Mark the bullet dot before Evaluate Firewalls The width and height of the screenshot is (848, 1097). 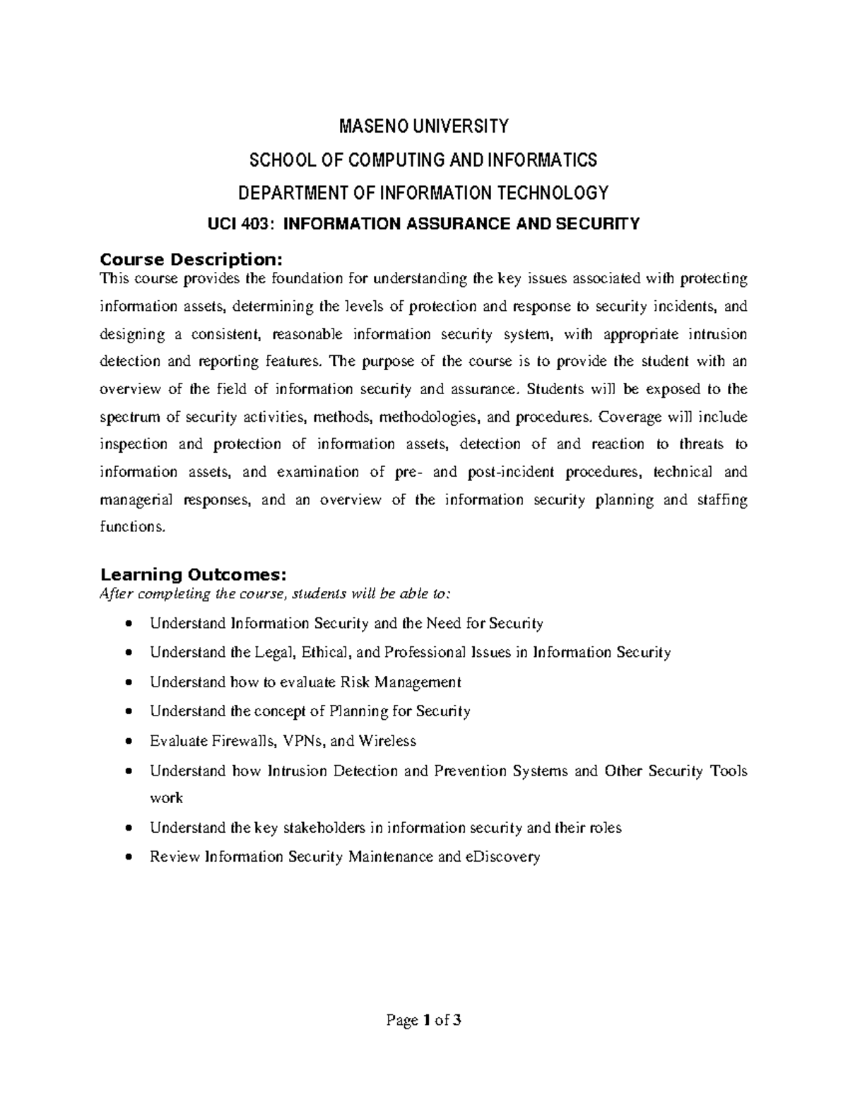click(x=128, y=742)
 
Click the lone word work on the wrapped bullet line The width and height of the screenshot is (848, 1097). click(x=166, y=798)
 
